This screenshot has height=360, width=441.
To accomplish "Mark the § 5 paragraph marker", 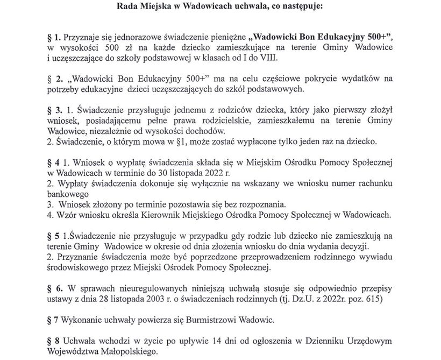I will point(52,236).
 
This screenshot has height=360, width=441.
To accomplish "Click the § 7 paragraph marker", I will point(52,320).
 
